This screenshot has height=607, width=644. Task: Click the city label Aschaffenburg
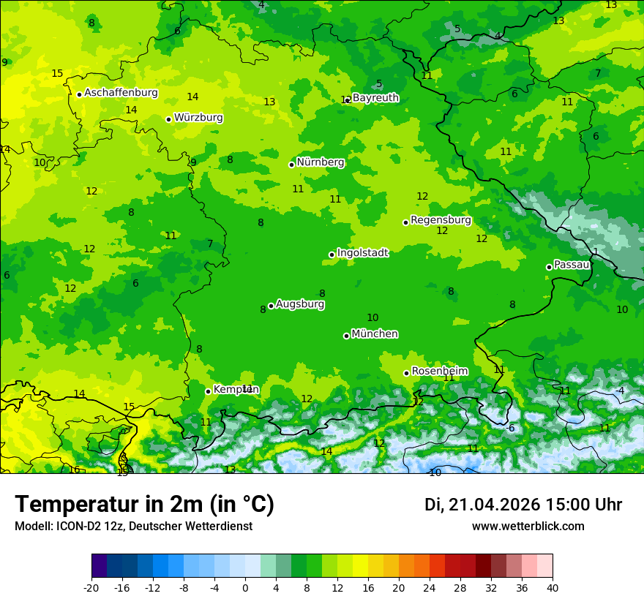coord(121,93)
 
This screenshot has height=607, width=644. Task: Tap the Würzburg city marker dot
coord(168,119)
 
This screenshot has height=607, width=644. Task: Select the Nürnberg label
coord(320,162)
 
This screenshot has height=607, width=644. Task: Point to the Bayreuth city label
coord(375,97)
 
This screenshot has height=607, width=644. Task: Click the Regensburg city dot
coord(405,222)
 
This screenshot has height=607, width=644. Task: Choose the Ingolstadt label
coord(362,253)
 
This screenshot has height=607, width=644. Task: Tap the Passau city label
coord(572,265)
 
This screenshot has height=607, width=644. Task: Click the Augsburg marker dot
coord(271,306)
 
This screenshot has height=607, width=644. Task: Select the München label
coord(375,334)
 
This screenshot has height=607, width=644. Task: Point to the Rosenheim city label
coord(439,372)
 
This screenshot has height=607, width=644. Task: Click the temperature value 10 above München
coord(372,317)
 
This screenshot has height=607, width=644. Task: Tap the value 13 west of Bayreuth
coord(269,102)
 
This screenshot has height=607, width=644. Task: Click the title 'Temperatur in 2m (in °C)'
coord(144,505)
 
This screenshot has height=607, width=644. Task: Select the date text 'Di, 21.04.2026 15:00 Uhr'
coord(523,505)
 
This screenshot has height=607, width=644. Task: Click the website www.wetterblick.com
coord(528,527)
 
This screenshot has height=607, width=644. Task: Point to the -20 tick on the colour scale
coord(91,587)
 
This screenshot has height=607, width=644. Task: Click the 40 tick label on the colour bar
coord(553,587)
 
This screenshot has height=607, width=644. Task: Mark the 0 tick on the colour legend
coord(245,587)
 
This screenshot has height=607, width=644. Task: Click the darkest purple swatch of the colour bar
coord(99,566)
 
